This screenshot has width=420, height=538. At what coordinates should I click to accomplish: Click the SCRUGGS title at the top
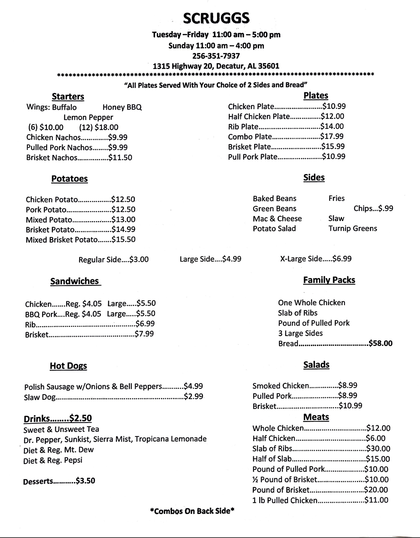216,18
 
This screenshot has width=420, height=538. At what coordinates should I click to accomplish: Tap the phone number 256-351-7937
216,56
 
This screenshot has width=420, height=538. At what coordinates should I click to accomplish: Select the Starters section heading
68,96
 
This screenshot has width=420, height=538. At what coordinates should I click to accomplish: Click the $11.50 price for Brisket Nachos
120,158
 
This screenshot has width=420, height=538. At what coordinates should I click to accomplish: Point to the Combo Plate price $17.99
332,136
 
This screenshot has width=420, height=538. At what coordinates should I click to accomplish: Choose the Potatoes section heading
69,179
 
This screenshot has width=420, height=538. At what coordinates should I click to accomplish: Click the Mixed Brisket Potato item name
62,240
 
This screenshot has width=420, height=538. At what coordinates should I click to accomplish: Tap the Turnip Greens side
353,228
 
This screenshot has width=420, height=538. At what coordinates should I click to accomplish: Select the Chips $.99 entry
373,209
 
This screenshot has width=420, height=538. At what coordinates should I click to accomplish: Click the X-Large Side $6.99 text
316,259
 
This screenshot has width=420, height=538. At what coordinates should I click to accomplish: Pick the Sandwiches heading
75,281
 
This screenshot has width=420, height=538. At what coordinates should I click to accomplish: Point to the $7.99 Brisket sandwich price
144,334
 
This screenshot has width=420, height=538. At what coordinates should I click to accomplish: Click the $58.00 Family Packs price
380,343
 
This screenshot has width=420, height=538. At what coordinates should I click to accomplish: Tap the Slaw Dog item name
40,397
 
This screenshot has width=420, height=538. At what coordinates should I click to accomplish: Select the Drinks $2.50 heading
58,419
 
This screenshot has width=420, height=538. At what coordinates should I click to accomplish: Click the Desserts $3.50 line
59,481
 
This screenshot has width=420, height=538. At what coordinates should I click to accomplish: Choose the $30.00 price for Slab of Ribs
378,449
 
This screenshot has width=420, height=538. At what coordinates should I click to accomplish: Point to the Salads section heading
316,365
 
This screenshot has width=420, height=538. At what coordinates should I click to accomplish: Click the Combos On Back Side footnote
192,511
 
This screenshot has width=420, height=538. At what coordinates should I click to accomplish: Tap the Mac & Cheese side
277,218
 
